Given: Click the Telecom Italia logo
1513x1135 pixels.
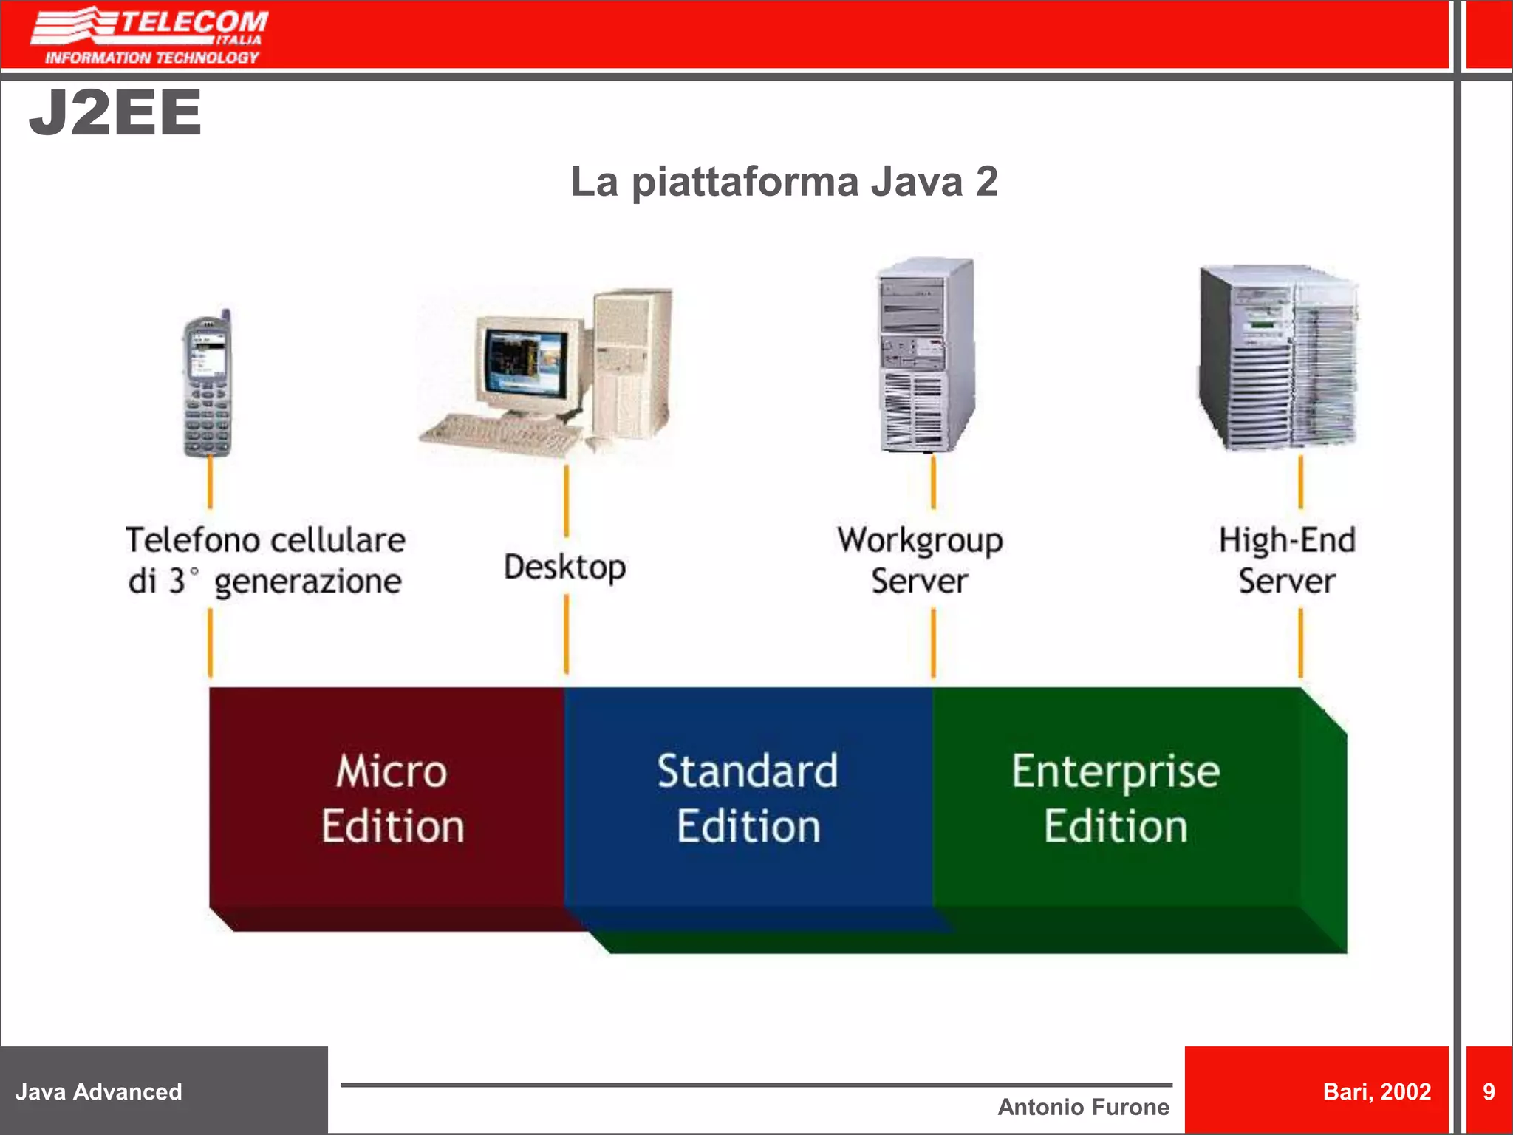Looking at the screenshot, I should (150, 35).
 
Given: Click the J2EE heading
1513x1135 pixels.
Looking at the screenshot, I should (115, 113).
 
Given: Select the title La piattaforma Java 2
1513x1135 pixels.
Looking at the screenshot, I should (784, 182).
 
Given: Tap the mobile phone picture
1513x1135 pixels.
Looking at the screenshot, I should (207, 384).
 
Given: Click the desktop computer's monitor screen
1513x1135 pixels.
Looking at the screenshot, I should (526, 361).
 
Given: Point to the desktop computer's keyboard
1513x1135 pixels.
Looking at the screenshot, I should (499, 432).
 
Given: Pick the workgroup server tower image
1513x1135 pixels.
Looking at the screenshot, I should (926, 355).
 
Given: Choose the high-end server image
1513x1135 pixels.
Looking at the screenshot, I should (1278, 358).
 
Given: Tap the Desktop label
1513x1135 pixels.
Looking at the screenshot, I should (565, 567).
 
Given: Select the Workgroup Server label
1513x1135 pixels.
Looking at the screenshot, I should (920, 560).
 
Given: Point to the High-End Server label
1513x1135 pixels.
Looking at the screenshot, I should (1287, 560).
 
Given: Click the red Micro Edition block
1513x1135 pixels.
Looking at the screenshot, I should (392, 798).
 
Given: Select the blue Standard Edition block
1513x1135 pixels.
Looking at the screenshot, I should (748, 798).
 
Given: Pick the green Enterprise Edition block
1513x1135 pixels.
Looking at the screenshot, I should (1116, 798).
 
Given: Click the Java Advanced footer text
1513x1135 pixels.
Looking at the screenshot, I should (99, 1091).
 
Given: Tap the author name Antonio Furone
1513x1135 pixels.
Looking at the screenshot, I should (1083, 1107).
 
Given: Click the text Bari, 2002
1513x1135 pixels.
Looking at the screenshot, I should (1377, 1091).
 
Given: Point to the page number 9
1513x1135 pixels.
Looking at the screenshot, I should (1489, 1091).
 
